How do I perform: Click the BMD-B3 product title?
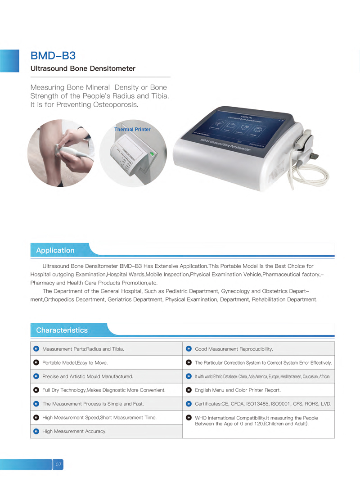[x=53, y=56]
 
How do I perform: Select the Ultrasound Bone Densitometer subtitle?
[x=83, y=69]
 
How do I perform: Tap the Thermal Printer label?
[x=132, y=130]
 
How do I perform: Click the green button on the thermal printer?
[x=152, y=154]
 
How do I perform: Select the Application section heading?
[x=55, y=250]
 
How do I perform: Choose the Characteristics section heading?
[x=62, y=330]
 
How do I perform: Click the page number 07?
[x=58, y=464]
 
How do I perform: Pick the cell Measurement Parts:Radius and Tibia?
[x=83, y=349]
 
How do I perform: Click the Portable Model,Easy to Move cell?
[x=75, y=362]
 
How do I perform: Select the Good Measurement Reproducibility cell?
[x=234, y=349]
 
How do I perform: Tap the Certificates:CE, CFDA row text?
[x=263, y=404]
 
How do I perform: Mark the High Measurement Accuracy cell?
[x=74, y=431]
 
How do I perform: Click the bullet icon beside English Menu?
[x=189, y=390]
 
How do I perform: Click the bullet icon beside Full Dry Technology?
[x=36, y=390]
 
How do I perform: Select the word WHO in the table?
[x=201, y=418]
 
